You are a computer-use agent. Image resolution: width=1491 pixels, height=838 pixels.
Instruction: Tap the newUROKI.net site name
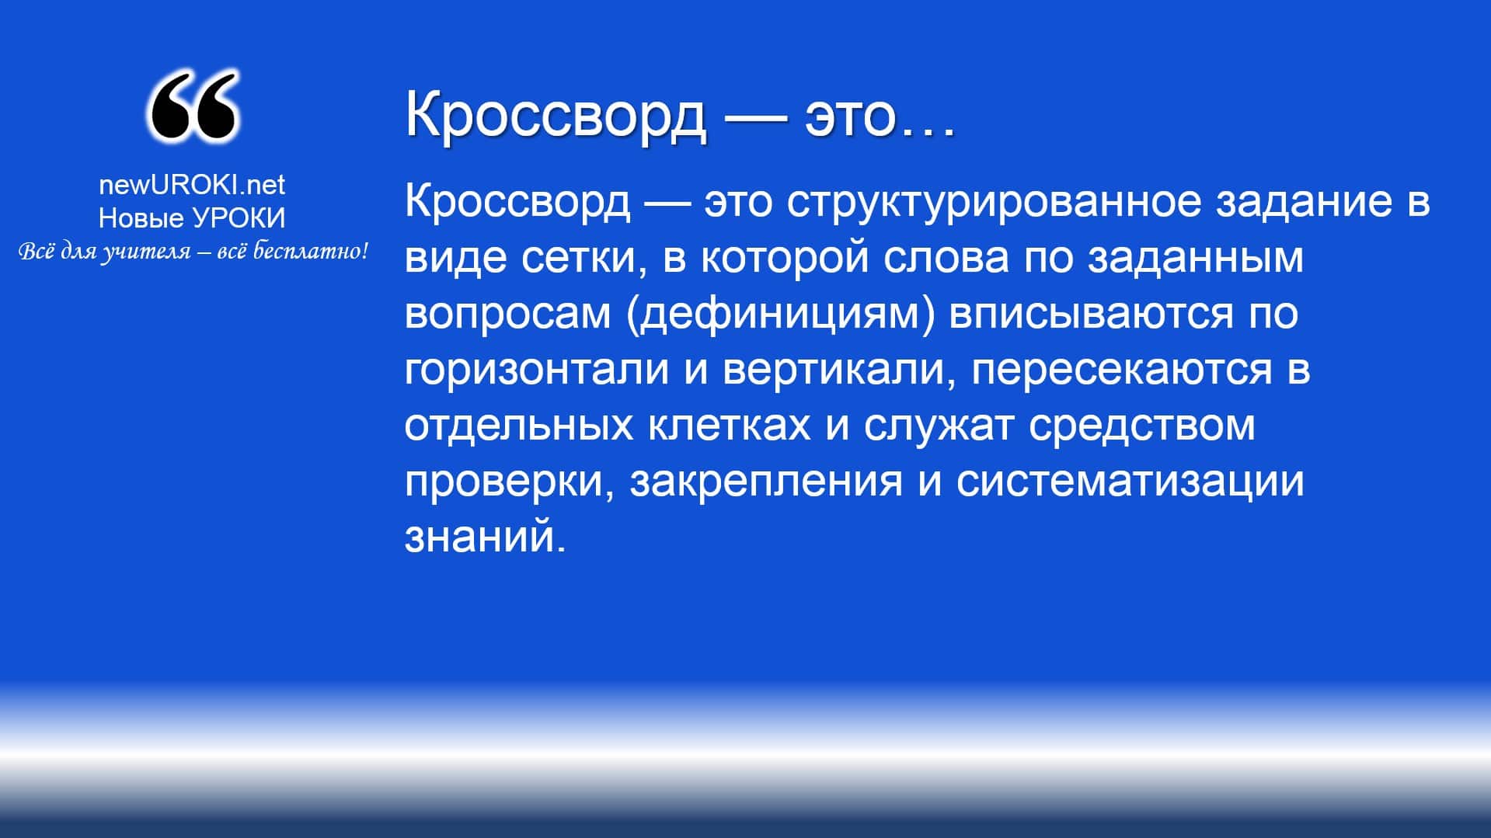click(x=192, y=185)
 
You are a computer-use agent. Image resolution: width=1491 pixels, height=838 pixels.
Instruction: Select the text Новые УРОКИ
click(x=192, y=218)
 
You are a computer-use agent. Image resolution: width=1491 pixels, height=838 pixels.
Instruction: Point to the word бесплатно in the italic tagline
click(x=310, y=252)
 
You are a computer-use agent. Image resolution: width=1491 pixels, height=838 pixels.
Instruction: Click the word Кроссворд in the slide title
click(x=556, y=115)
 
